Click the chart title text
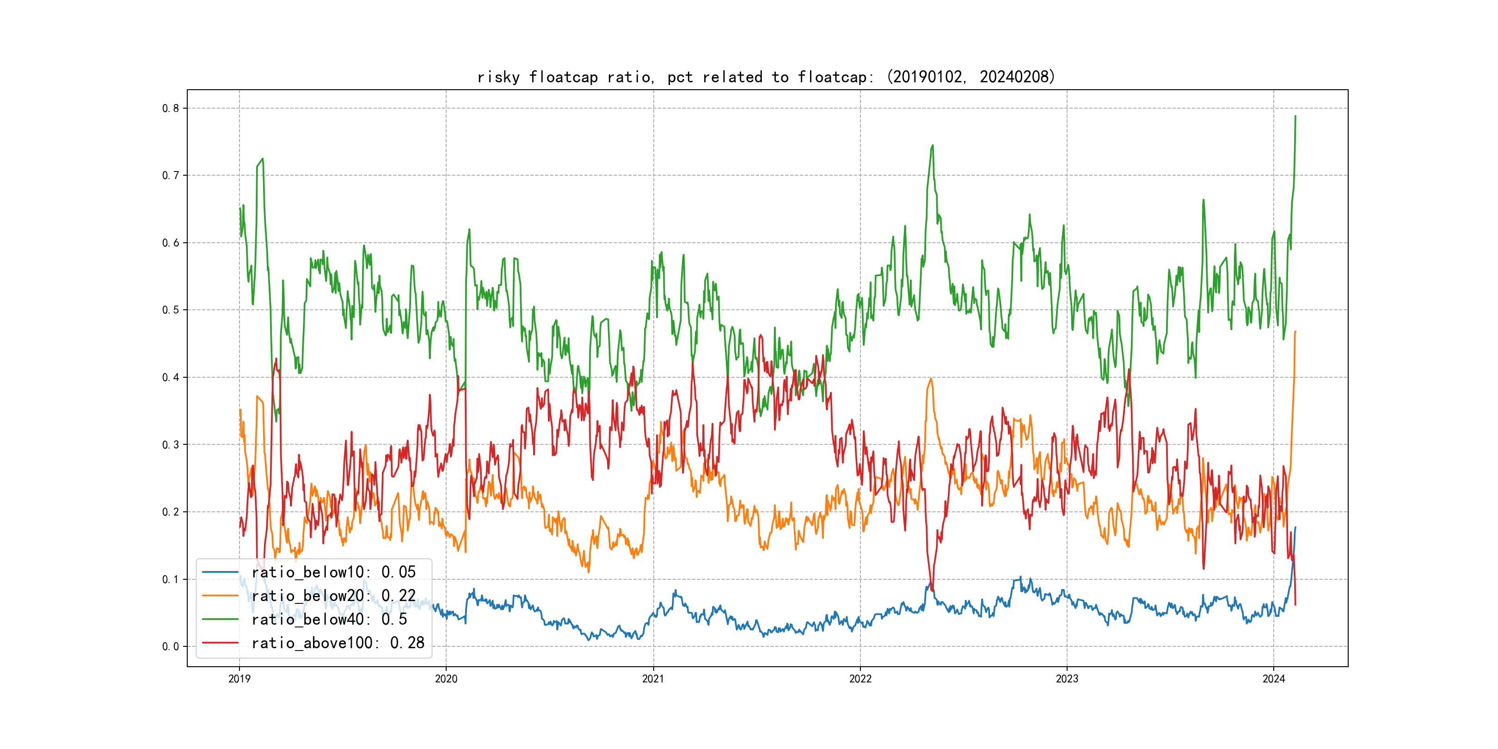766,77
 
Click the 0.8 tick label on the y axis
171,108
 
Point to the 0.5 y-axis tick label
171,310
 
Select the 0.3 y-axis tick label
171,445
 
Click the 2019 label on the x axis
239,679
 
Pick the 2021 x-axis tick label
653,679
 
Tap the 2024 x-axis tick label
1274,679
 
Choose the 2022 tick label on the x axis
860,679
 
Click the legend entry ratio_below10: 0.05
333,572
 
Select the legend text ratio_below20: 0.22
333,596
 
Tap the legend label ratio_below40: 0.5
329,620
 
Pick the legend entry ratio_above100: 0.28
338,643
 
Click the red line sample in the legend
220,643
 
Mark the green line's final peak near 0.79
1295,117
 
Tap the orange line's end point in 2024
1295,332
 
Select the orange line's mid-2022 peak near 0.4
931,379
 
